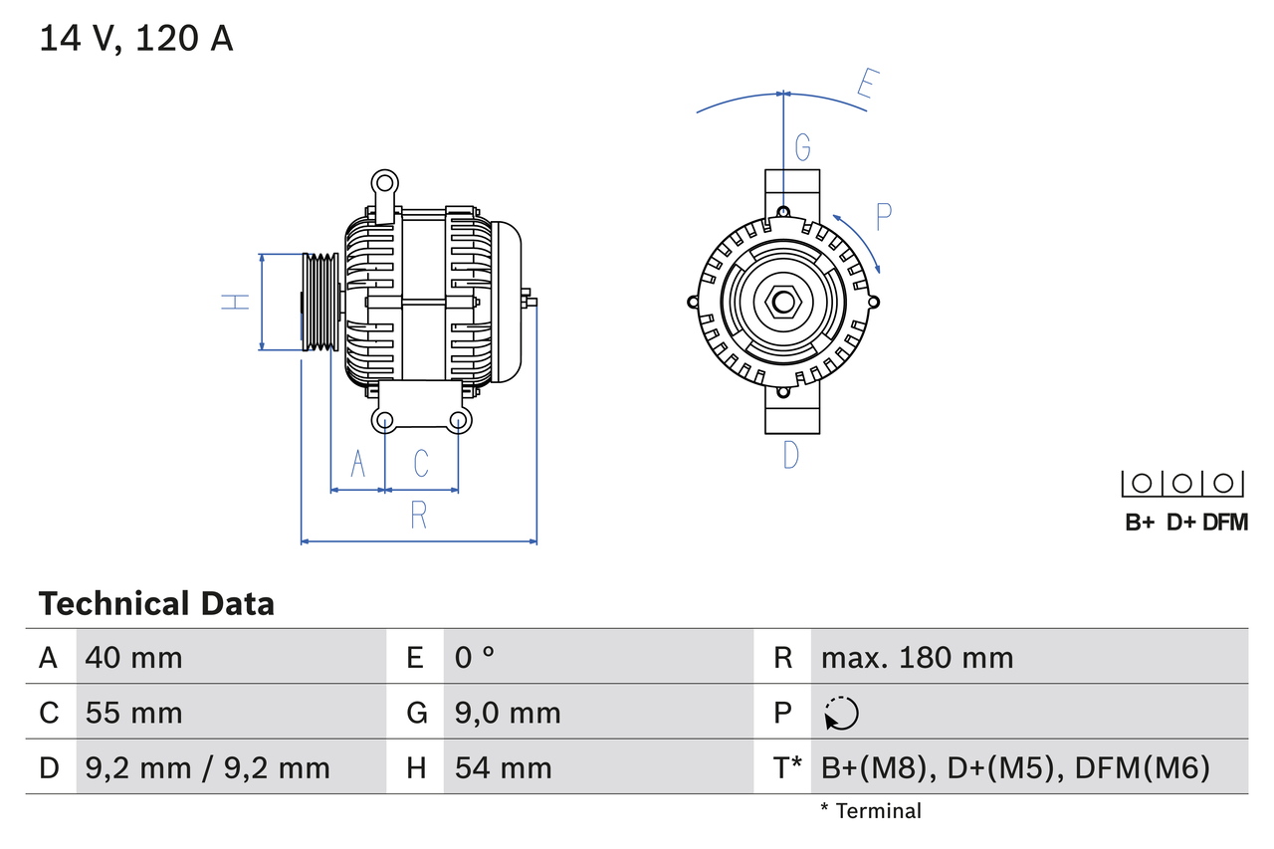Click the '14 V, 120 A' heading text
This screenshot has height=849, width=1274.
[x=136, y=39]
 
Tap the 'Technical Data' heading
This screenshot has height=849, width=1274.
[x=156, y=603]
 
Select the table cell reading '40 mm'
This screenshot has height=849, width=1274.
[x=134, y=657]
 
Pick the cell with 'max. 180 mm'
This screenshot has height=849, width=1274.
[x=917, y=657]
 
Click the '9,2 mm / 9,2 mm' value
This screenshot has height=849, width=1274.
[x=207, y=767]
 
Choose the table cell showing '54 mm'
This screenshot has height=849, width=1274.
[x=503, y=767]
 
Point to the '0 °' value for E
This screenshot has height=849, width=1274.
[x=475, y=657]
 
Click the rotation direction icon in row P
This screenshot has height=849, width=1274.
[x=841, y=713]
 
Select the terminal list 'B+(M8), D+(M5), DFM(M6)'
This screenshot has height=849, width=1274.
[x=1015, y=767]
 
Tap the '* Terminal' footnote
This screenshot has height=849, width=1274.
[x=871, y=811]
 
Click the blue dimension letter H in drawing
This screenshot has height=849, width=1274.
[x=235, y=302]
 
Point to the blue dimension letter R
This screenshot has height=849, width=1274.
[x=419, y=516]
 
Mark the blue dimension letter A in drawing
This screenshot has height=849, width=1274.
[x=359, y=463]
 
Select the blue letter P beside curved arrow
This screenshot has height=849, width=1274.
[x=883, y=216]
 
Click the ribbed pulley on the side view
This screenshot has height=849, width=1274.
[x=319, y=302]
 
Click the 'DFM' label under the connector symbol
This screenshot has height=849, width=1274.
[x=1224, y=522]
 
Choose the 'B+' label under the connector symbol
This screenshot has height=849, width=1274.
[x=1140, y=522]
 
